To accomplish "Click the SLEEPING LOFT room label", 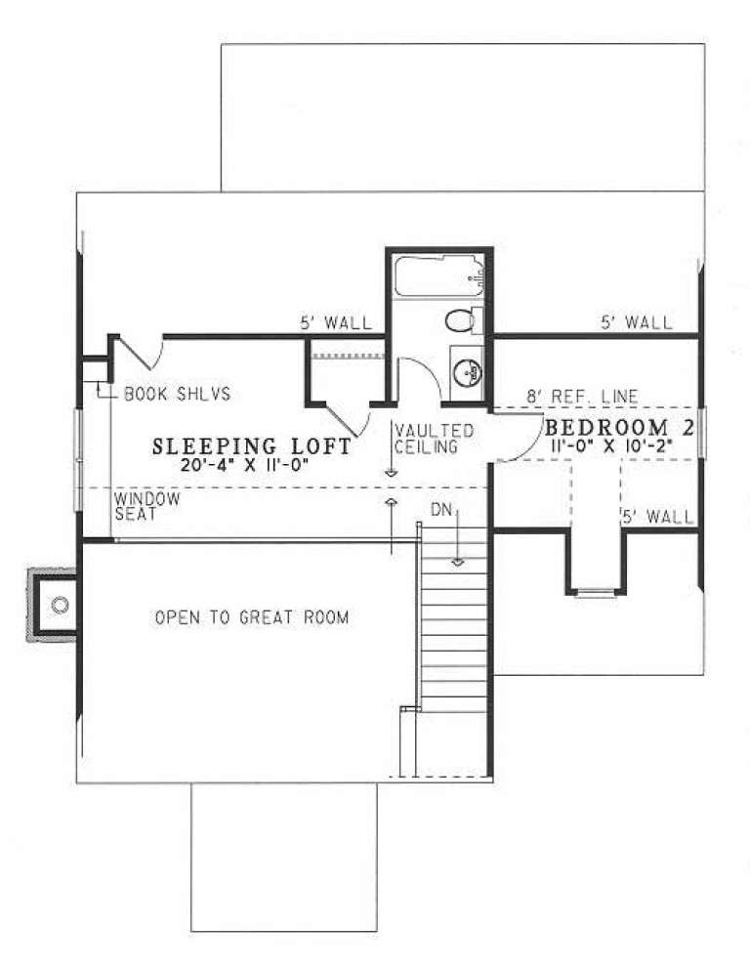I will pyautogui.click(x=252, y=447).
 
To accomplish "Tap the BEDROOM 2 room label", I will pyautogui.click(x=622, y=428).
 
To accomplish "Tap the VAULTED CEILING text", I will pyautogui.click(x=435, y=439).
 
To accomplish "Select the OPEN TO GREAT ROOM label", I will pyautogui.click(x=251, y=618).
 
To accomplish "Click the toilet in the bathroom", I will pyautogui.click(x=461, y=320).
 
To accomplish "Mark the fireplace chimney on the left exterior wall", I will pyautogui.click(x=54, y=605).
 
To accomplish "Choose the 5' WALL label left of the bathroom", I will pyautogui.click(x=336, y=323).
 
